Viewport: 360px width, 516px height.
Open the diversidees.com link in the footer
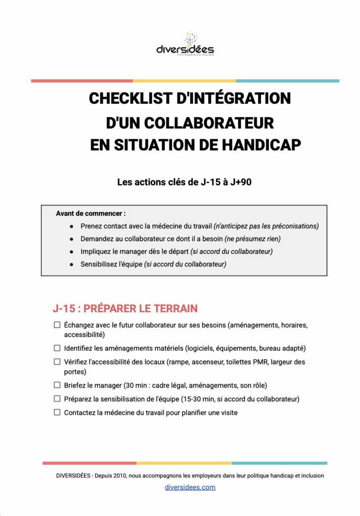point(190,487)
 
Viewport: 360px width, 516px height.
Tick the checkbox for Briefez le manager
point(57,385)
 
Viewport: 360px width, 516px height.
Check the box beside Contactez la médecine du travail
point(57,413)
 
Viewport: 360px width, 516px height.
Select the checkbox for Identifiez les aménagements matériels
point(57,348)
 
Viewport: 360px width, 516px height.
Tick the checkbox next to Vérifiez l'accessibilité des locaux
point(57,362)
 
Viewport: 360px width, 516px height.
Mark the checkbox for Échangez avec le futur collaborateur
point(57,325)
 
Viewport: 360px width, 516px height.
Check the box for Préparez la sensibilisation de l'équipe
point(57,399)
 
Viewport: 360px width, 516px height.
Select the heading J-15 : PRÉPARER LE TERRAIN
point(125,308)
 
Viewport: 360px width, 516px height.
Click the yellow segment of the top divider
point(184,81)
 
